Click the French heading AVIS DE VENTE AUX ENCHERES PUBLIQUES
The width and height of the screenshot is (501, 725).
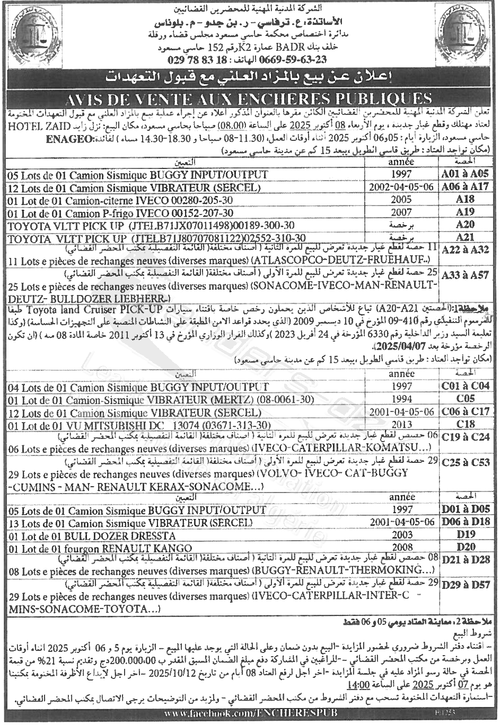(250, 99)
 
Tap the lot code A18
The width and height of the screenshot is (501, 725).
(465, 199)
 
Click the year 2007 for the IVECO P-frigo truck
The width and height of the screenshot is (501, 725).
(401, 212)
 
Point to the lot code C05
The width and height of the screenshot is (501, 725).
(465, 399)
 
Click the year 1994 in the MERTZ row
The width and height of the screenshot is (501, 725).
(401, 399)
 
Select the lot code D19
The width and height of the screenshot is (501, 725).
(465, 534)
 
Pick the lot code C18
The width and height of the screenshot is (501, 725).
(465, 424)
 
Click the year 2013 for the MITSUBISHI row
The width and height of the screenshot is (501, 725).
(402, 425)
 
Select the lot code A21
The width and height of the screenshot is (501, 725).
(465, 237)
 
